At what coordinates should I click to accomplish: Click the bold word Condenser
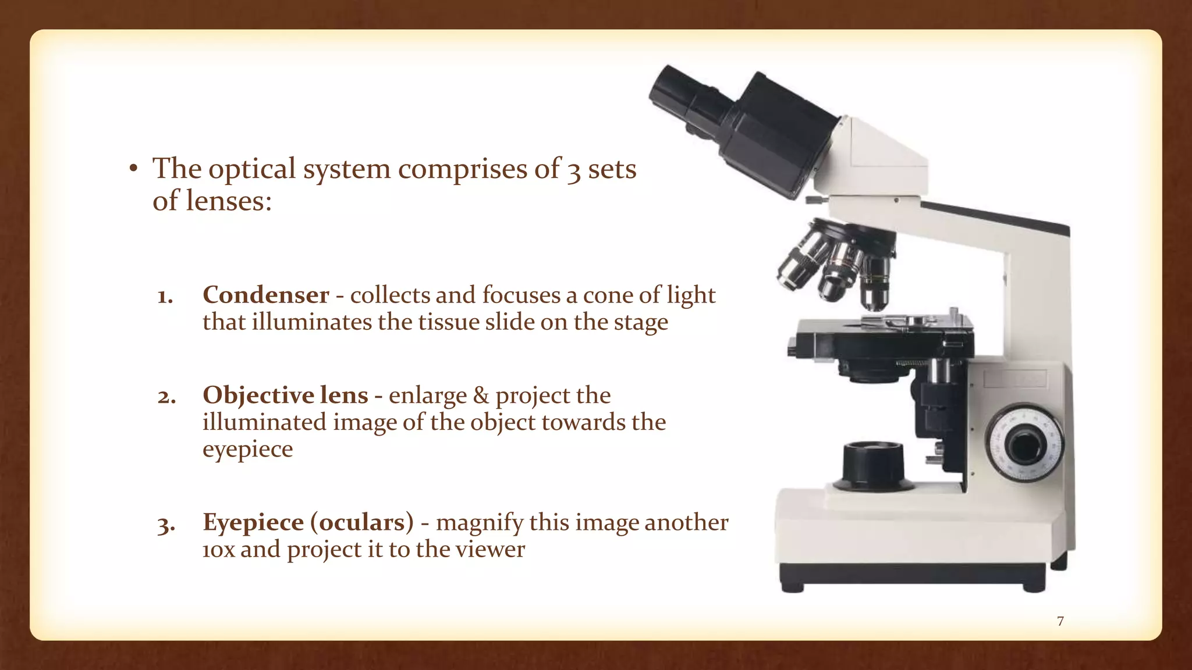266,295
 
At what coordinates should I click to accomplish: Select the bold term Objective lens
285,395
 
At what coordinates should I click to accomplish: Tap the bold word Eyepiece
253,522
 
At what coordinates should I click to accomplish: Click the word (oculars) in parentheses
362,522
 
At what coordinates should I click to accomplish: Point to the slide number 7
1060,621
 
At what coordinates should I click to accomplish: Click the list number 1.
165,297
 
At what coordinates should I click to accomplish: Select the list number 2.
166,397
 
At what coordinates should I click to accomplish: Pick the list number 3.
166,525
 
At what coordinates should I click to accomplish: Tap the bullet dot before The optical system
133,169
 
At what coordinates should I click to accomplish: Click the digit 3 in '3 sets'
574,170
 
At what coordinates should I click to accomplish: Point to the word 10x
219,550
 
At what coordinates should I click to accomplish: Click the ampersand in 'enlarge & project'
481,395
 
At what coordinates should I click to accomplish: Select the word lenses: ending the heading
229,201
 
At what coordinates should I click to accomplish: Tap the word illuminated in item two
264,422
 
